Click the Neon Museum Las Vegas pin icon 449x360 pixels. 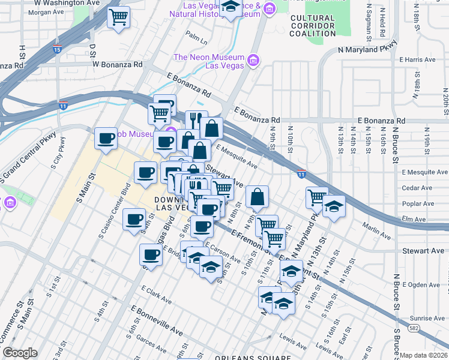coord(253,61)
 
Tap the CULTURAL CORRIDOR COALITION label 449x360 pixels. coord(313,26)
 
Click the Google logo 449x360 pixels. coord(20,353)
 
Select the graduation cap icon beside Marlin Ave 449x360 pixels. coord(334,206)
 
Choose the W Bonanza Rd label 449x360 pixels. coord(117,64)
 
